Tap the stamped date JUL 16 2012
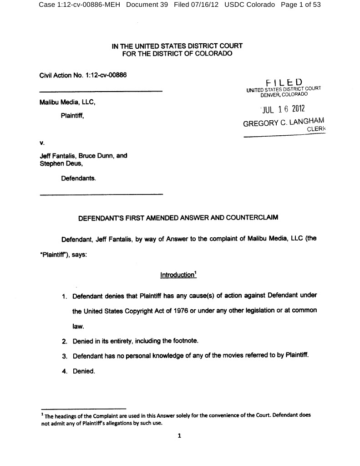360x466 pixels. coord(282,109)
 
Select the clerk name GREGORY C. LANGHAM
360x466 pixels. coord(284,123)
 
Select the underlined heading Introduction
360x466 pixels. coord(177,275)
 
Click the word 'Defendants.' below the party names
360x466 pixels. coord(79,179)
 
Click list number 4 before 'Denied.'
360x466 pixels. coord(65,371)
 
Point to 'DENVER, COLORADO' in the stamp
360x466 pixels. coord(284,94)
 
